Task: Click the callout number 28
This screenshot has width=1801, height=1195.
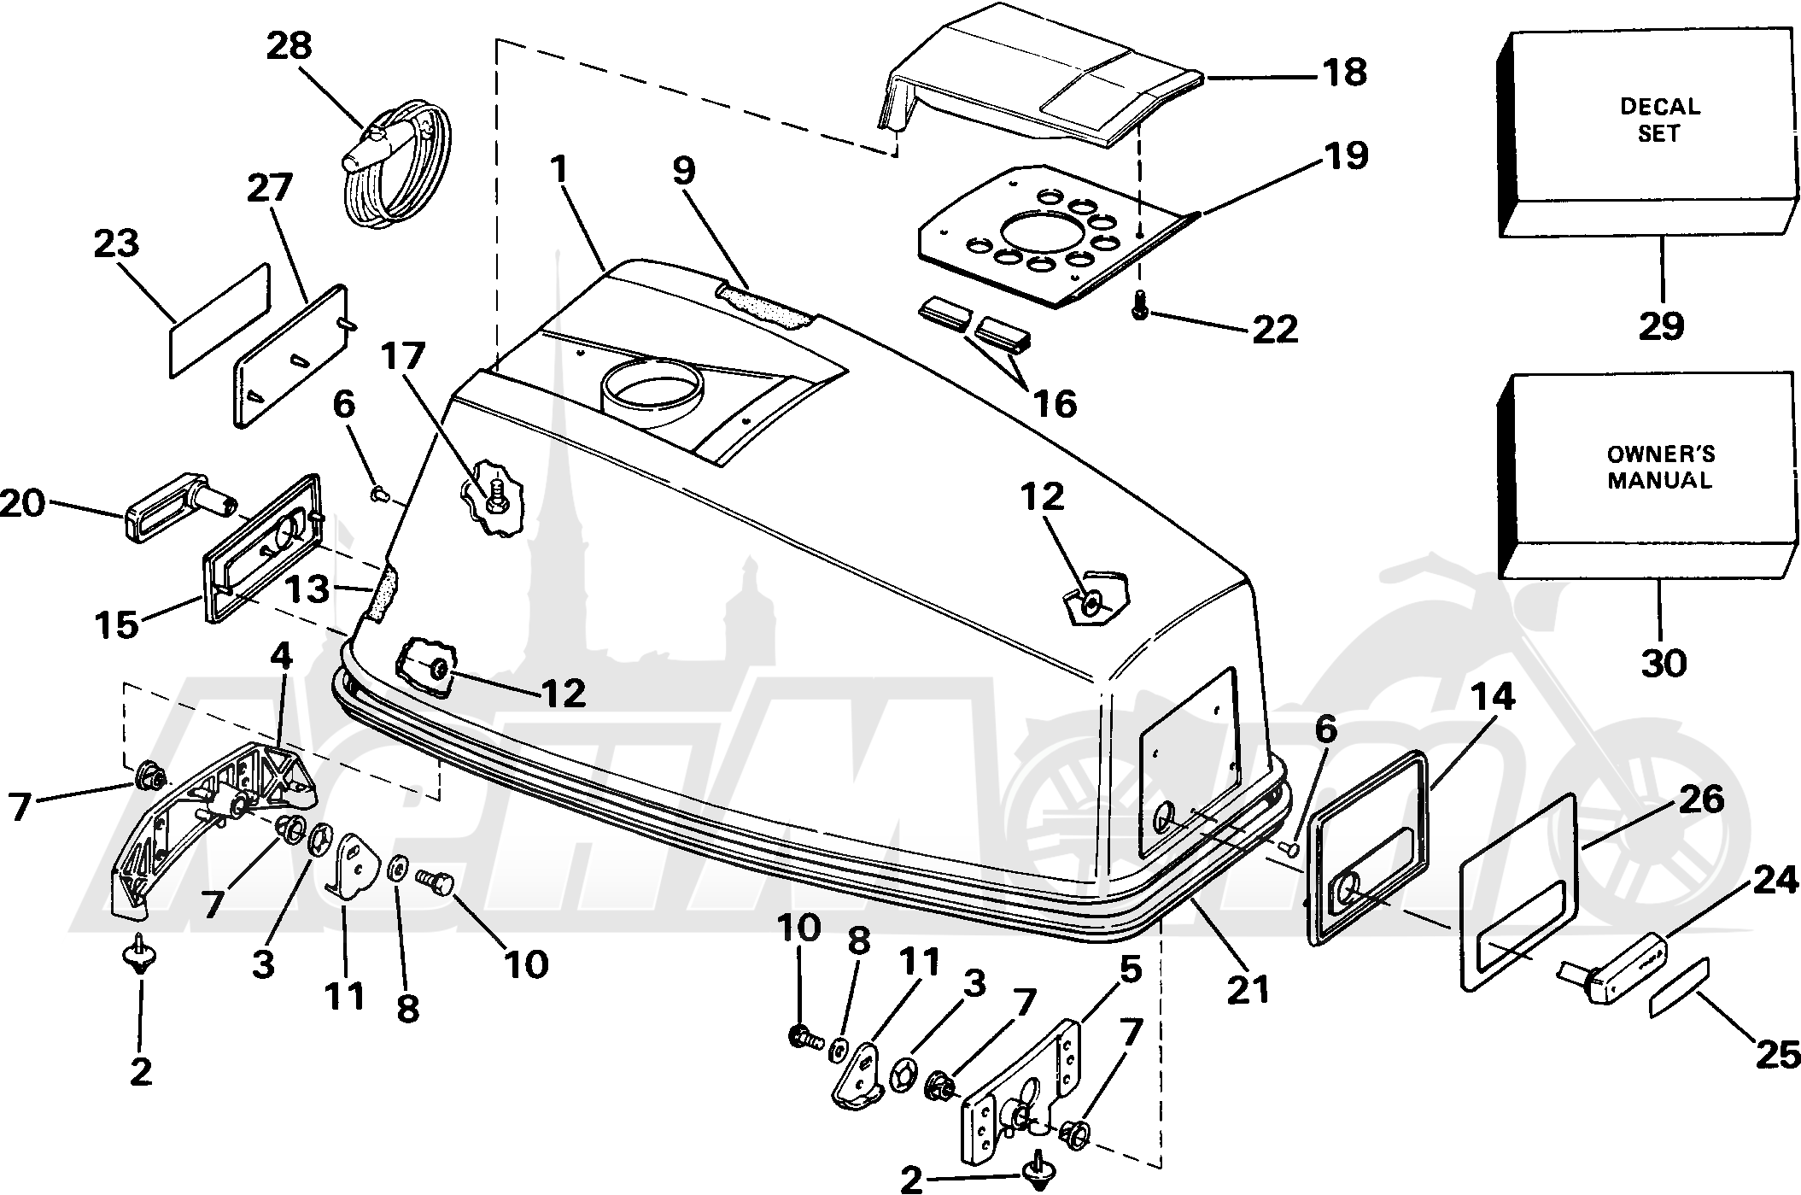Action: click(289, 45)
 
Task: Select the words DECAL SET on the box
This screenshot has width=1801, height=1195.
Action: click(1660, 120)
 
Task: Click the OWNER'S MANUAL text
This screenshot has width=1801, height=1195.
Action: click(1660, 466)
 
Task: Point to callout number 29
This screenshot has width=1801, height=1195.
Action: click(1661, 325)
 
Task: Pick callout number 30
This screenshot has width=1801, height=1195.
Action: click(1664, 662)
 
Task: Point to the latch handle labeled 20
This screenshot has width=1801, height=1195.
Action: click(179, 509)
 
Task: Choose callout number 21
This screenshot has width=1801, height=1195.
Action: click(1247, 988)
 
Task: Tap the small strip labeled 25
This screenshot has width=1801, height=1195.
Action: click(1678, 987)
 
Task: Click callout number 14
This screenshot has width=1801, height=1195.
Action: click(1492, 698)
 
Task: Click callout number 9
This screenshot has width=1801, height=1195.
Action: click(684, 171)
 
